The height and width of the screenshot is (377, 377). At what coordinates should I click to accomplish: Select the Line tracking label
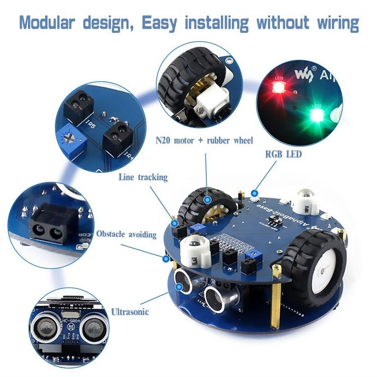[143, 177]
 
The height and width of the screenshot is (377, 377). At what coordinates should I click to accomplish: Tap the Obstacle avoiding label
[126, 234]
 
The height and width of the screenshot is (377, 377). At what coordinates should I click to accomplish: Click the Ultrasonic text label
[130, 312]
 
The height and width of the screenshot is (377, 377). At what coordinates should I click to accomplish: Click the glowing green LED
[316, 115]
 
